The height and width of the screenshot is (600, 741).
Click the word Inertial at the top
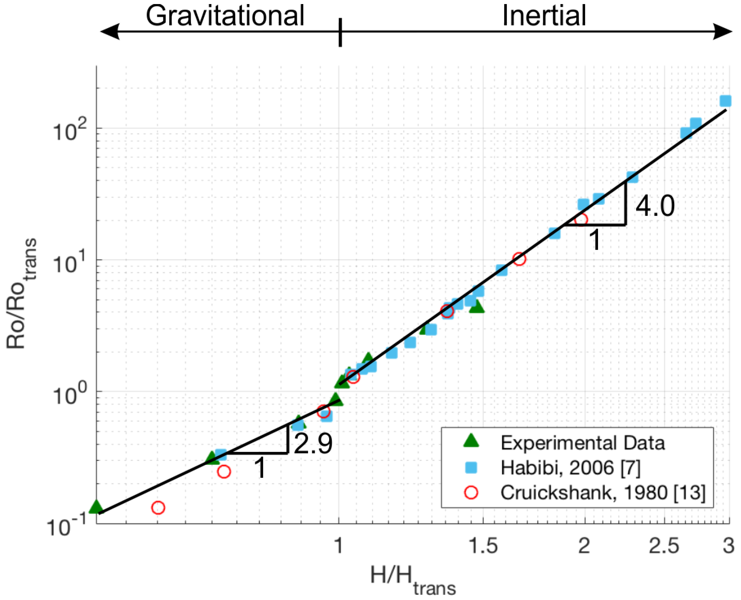(x=544, y=16)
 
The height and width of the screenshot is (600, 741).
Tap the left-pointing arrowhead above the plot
(x=110, y=31)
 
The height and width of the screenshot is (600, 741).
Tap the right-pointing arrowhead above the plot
(x=723, y=31)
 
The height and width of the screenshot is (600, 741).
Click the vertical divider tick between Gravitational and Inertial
(x=340, y=32)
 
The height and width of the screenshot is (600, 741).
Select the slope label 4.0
(x=655, y=206)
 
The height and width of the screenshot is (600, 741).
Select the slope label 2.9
(x=313, y=443)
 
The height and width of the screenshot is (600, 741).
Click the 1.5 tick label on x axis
(x=483, y=546)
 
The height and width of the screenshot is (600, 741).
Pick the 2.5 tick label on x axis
(x=664, y=546)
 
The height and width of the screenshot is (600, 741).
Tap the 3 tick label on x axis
(x=728, y=546)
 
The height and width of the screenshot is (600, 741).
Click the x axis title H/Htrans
(x=413, y=578)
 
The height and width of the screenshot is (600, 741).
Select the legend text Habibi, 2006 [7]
(x=570, y=468)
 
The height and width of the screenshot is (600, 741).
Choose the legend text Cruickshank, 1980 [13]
(x=602, y=493)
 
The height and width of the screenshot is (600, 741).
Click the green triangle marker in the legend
(x=471, y=441)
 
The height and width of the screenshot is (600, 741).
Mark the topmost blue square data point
(x=725, y=101)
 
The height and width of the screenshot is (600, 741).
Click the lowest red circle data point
(x=158, y=508)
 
